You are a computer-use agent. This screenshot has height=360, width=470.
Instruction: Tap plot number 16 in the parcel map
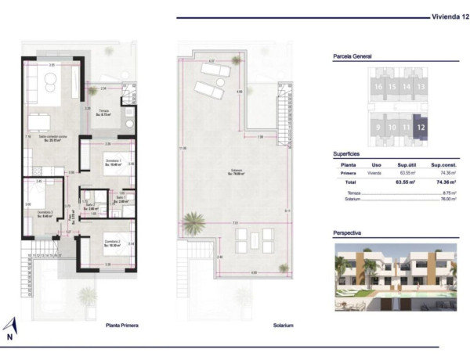tap(378, 86)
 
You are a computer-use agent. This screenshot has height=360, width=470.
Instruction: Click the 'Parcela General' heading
tap(352, 56)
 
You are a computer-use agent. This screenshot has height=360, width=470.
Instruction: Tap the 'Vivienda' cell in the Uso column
tap(376, 173)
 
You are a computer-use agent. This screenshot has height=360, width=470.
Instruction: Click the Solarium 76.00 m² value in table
tap(450, 199)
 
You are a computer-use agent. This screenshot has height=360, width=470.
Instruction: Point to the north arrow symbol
tap(10, 326)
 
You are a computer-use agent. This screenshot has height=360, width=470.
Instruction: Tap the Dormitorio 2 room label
tap(45, 214)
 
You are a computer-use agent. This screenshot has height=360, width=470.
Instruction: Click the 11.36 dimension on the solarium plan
tap(182, 149)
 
